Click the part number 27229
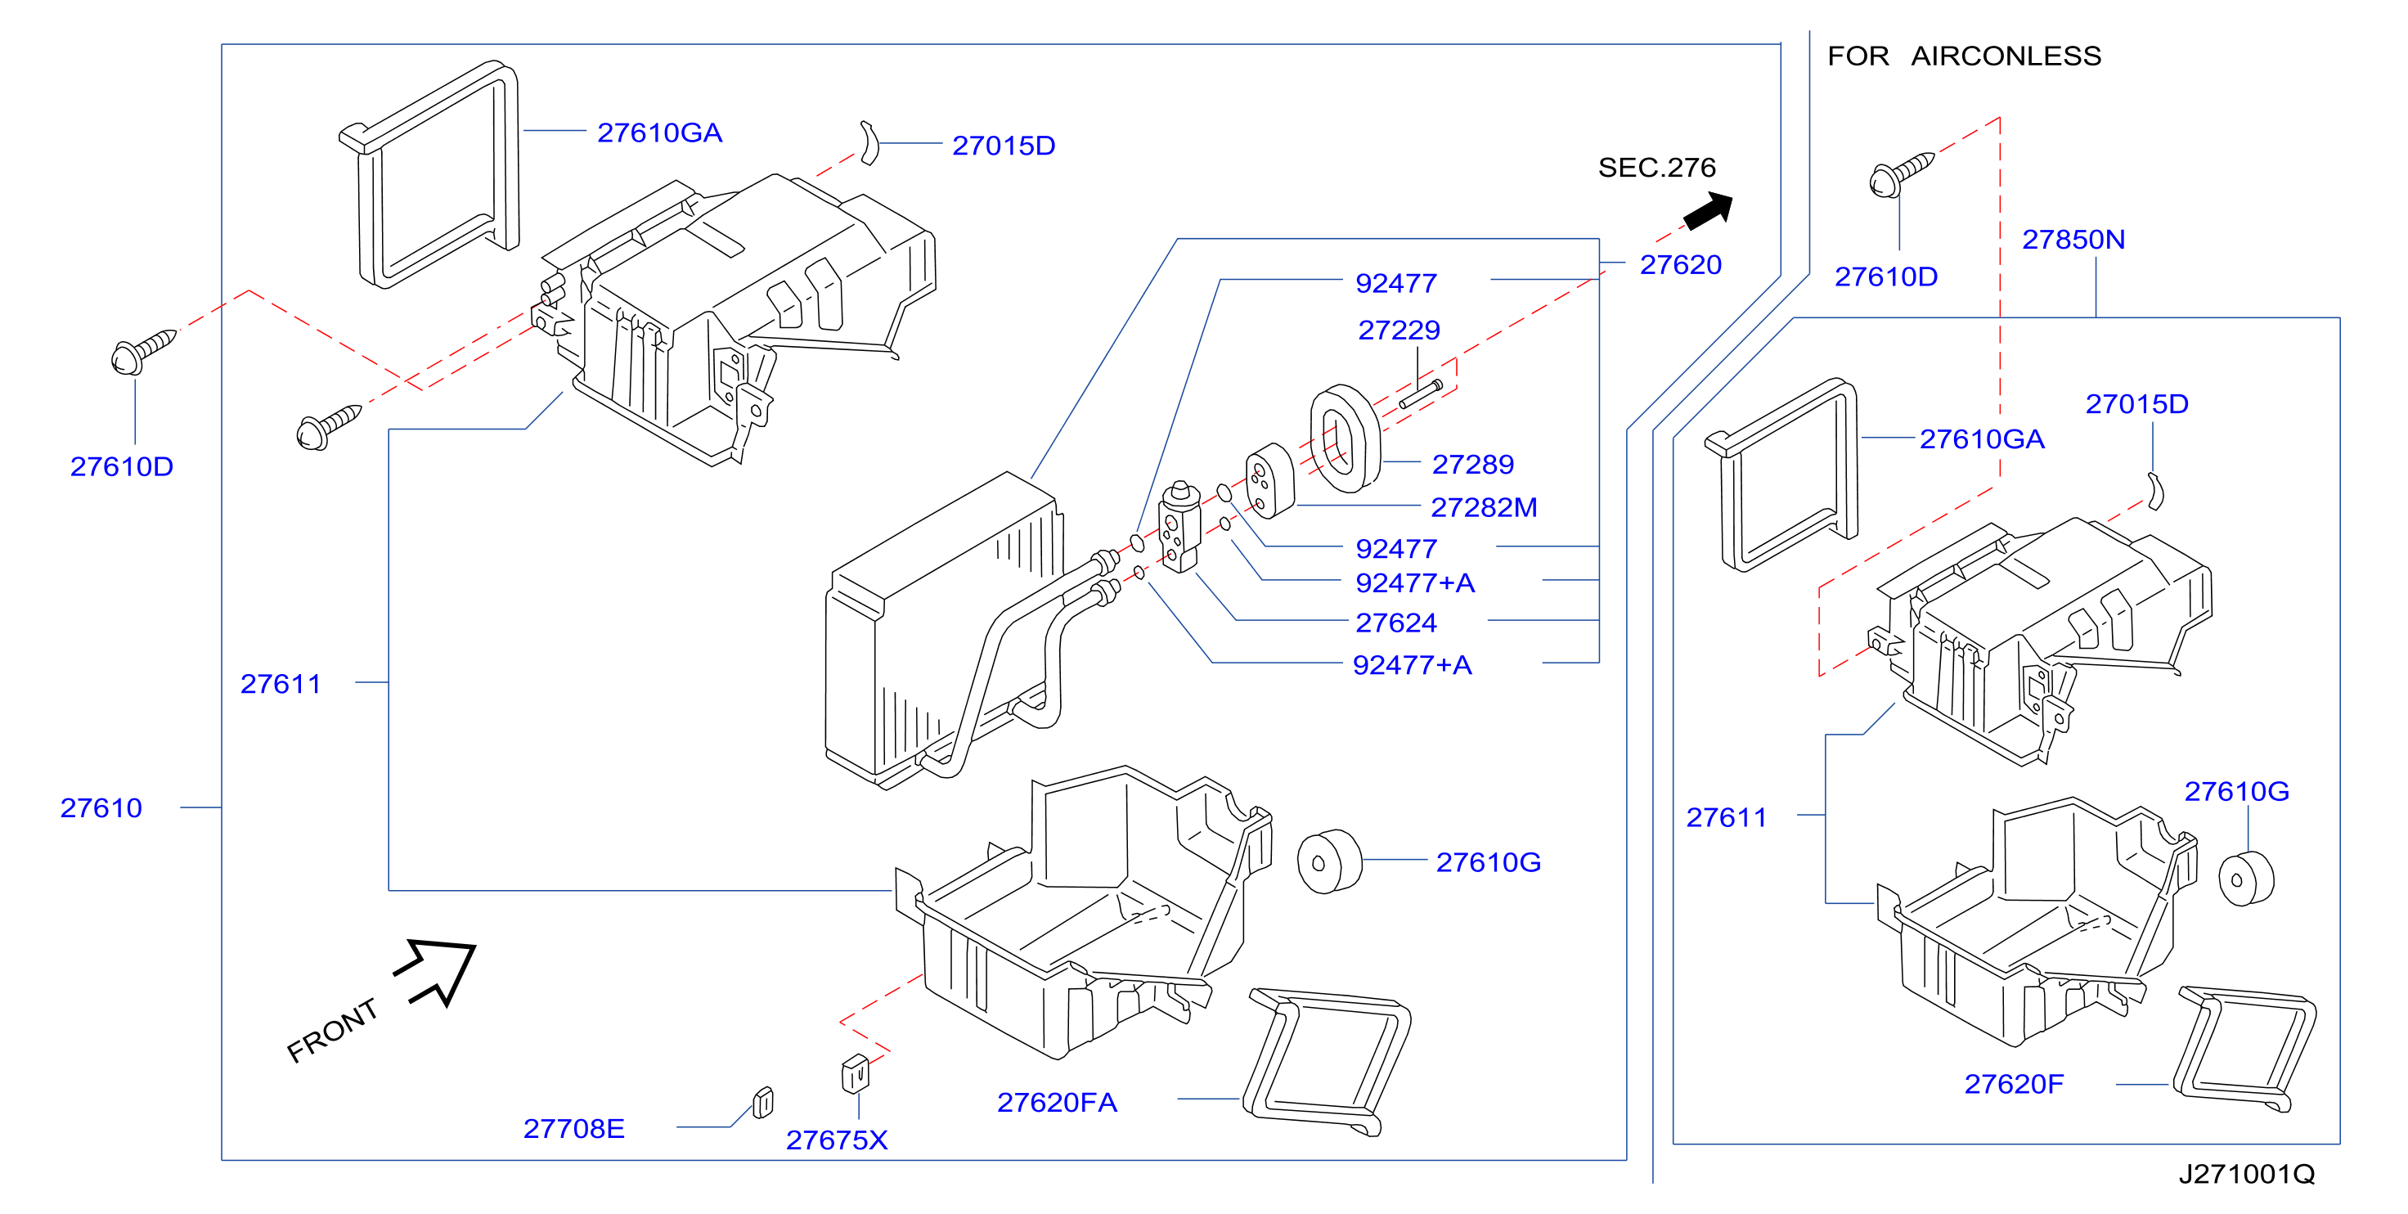pos(1399,330)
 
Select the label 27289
pos(1472,464)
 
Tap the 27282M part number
pos(1484,507)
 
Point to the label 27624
pos(1395,622)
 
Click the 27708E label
pos(574,1128)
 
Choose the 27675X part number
pos(837,1140)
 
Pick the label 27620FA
pos(1058,1103)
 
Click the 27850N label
pos(2073,240)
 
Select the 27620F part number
pos(2014,1084)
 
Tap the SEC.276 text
pos(1656,168)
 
